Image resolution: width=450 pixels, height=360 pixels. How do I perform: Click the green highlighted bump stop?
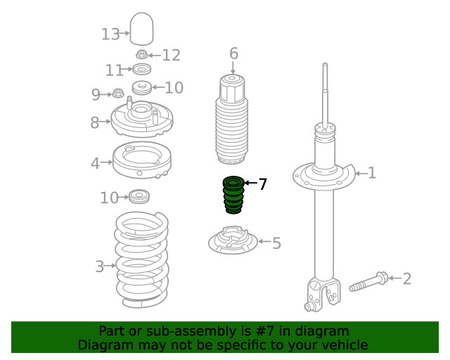233,195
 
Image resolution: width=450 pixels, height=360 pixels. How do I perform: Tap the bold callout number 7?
262,184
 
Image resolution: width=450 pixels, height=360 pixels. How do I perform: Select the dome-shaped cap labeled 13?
141,29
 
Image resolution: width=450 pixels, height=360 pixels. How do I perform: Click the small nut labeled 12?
141,54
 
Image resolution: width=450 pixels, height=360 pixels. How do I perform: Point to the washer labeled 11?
142,69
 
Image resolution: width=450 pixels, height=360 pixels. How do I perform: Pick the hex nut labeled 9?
117,93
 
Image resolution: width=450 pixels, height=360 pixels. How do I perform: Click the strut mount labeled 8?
142,118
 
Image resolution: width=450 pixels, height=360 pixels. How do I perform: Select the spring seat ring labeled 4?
142,160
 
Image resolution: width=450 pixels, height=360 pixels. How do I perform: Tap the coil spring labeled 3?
142,260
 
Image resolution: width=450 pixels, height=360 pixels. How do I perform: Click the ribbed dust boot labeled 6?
232,120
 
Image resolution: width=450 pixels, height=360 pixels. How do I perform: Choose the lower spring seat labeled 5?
233,240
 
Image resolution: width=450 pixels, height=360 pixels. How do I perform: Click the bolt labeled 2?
368,282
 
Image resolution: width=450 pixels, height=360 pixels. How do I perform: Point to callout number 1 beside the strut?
372,173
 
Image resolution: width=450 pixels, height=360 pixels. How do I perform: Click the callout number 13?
110,34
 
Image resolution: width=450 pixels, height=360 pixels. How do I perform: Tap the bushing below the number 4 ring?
139,196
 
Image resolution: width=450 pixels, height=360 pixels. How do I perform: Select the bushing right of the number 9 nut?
142,87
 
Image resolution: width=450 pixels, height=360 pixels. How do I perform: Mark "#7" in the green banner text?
264,331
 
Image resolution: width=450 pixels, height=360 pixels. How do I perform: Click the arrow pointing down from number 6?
233,68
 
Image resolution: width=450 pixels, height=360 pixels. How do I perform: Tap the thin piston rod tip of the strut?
325,65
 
